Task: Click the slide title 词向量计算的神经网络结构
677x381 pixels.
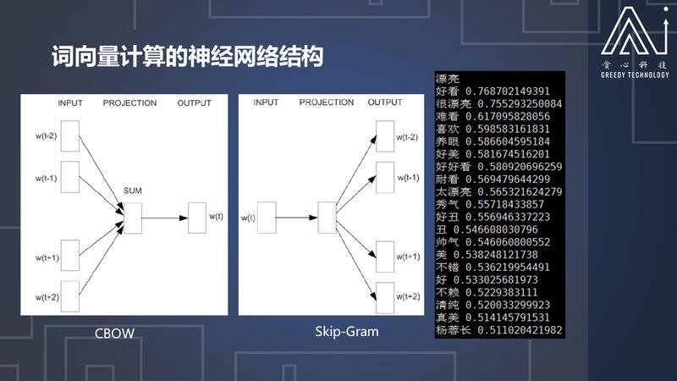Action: (x=187, y=57)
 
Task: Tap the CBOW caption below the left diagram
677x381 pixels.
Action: (x=114, y=334)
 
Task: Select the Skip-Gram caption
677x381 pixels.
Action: (x=347, y=331)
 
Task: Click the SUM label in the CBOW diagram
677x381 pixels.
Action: (x=133, y=190)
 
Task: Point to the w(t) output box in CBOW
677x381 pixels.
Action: (x=197, y=218)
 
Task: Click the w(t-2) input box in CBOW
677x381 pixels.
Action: (x=70, y=136)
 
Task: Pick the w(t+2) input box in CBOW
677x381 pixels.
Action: (x=70, y=296)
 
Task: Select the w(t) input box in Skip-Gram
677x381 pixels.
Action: (x=267, y=218)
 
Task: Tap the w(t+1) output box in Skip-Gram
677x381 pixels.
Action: (x=385, y=257)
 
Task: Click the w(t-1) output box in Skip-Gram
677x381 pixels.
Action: (x=385, y=178)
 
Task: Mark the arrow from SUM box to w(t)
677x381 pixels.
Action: (x=165, y=218)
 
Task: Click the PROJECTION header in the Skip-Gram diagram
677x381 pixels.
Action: (x=327, y=102)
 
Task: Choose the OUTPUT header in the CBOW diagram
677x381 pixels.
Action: (x=195, y=102)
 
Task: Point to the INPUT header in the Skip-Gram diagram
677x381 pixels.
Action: (x=266, y=102)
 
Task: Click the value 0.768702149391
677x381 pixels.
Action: (x=508, y=91)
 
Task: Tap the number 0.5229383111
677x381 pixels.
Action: (x=502, y=292)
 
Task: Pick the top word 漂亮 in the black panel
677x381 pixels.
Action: (x=448, y=79)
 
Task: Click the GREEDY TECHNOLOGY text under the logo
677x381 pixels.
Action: (x=635, y=75)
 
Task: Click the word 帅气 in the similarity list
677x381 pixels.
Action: (x=448, y=242)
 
